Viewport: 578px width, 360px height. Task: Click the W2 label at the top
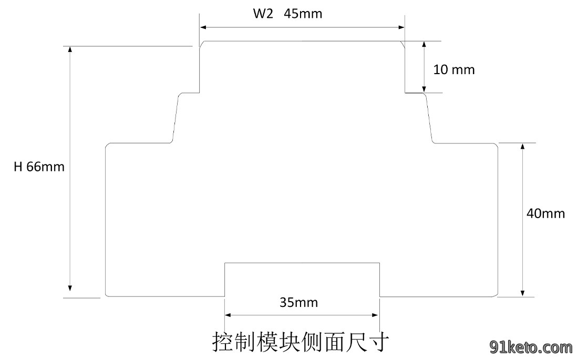click(x=263, y=14)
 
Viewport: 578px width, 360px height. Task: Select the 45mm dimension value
click(x=303, y=14)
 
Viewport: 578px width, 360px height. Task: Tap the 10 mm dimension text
click(x=454, y=69)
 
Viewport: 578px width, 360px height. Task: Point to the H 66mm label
click(x=39, y=167)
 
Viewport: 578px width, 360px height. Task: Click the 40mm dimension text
click(x=545, y=213)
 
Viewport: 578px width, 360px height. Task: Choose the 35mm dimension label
click(x=298, y=303)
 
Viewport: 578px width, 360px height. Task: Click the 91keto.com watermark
click(x=531, y=347)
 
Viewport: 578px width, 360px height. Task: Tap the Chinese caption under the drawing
click(x=301, y=342)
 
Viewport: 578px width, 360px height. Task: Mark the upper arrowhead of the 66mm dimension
click(x=70, y=49)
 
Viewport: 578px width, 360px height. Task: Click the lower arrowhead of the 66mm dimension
click(x=70, y=288)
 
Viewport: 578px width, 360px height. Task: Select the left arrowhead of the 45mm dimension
click(x=203, y=27)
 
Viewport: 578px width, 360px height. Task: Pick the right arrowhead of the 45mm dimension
click(x=401, y=27)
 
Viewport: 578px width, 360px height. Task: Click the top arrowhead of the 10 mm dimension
click(x=424, y=45)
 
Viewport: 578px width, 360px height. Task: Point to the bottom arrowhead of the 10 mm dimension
click(x=424, y=89)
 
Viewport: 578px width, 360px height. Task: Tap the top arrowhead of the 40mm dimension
click(x=522, y=147)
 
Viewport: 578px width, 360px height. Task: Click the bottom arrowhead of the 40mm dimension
click(x=522, y=293)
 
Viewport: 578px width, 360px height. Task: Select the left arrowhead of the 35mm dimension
click(x=228, y=315)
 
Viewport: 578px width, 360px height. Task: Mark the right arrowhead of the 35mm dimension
click(x=375, y=315)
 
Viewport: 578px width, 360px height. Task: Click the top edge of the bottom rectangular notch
click(x=302, y=263)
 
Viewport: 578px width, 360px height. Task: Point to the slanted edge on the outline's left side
click(x=176, y=118)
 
